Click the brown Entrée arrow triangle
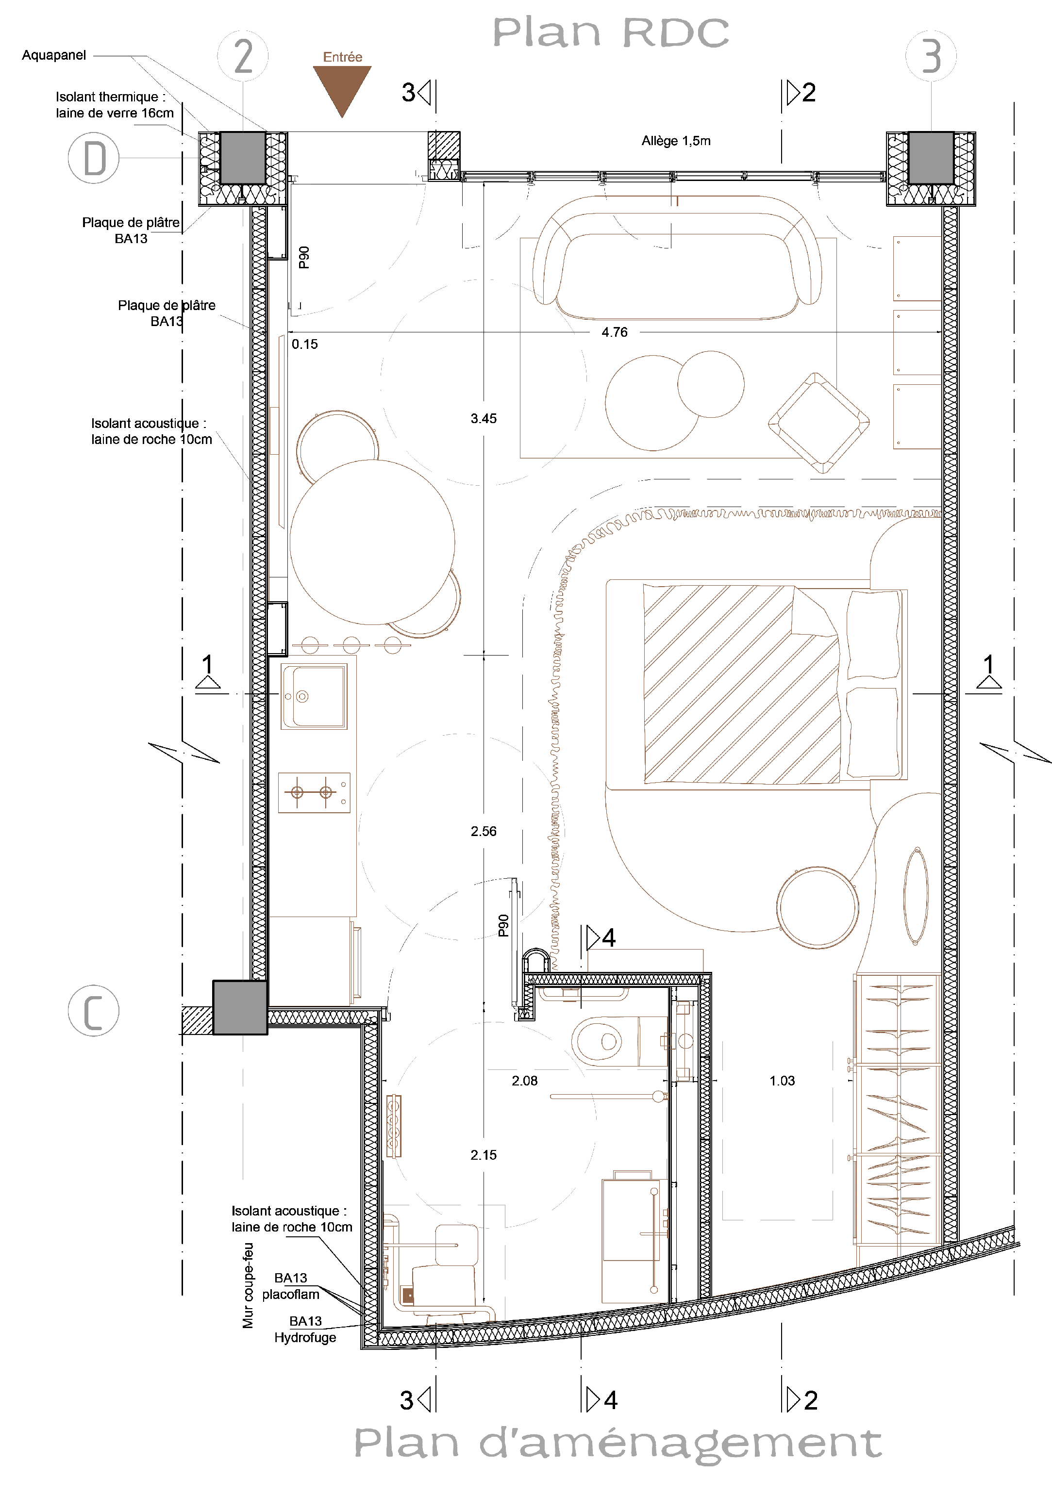pyautogui.click(x=342, y=88)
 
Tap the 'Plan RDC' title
pyautogui.click(x=611, y=33)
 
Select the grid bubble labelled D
pyautogui.click(x=94, y=158)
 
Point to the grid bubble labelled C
pyautogui.click(x=94, y=1011)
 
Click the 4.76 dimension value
pyautogui.click(x=615, y=332)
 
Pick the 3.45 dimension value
pyautogui.click(x=484, y=418)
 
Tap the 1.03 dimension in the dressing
pyautogui.click(x=782, y=1081)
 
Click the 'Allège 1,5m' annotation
pyautogui.click(x=676, y=141)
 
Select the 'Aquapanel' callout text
pyautogui.click(x=54, y=55)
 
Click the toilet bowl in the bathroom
pyautogui.click(x=597, y=1041)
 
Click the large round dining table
pyautogui.click(x=372, y=542)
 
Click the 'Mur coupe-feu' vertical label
pyautogui.click(x=248, y=1285)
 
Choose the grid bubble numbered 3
pyautogui.click(x=931, y=55)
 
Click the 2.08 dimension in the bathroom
pyautogui.click(x=525, y=1081)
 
